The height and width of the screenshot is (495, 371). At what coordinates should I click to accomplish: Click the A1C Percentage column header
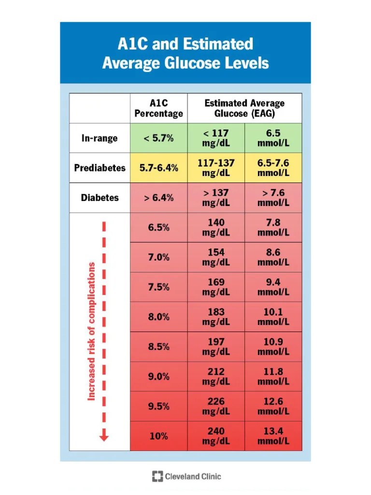click(x=158, y=108)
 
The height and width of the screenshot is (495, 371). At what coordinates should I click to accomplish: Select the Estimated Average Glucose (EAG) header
click(x=244, y=108)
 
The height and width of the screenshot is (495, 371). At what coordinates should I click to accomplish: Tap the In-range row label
click(x=100, y=138)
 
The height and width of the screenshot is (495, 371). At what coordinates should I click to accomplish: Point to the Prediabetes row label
click(x=100, y=168)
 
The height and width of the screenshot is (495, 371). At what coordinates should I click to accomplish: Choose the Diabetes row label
click(x=100, y=198)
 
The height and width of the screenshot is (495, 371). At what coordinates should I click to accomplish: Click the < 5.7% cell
click(x=158, y=138)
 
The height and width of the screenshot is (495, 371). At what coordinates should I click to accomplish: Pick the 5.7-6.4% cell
click(x=158, y=168)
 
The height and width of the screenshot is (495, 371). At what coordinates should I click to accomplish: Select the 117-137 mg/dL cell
click(x=216, y=168)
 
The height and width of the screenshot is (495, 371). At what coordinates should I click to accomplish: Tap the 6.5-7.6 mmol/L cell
click(x=273, y=168)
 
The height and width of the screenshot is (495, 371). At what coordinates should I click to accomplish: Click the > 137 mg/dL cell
click(x=216, y=198)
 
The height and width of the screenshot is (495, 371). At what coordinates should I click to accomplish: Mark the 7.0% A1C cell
click(x=158, y=257)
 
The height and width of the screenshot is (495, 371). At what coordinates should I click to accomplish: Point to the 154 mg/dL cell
click(x=216, y=257)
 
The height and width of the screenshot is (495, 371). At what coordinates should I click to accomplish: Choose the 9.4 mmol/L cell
click(x=273, y=287)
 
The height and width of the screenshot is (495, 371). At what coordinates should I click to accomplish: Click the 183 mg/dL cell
click(x=216, y=317)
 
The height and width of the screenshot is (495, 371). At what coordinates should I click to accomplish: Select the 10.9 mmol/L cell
click(x=273, y=347)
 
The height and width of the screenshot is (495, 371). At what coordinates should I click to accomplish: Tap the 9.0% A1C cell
click(x=158, y=376)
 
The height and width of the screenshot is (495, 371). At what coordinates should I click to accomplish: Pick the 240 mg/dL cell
click(x=216, y=436)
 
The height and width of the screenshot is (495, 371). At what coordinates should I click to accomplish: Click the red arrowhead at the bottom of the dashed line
click(x=104, y=438)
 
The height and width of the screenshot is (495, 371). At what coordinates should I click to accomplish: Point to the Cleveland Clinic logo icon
click(x=157, y=476)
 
